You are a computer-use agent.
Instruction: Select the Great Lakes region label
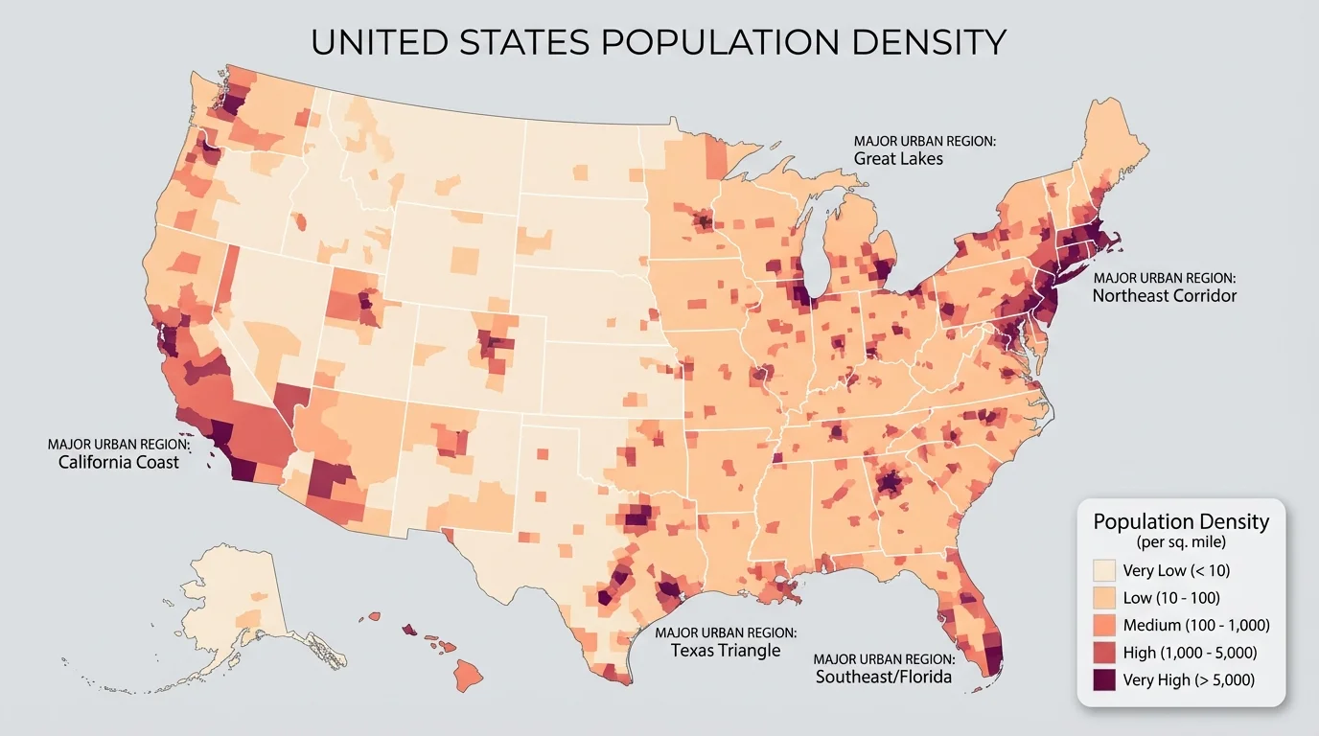(898, 158)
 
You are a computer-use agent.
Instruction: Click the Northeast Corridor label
(1164, 295)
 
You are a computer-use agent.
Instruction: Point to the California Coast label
(118, 462)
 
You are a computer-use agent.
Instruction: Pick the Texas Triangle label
(725, 650)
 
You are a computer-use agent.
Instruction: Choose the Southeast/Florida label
(883, 677)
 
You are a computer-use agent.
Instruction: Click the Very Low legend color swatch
(1105, 571)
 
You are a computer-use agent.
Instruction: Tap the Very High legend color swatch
(1105, 679)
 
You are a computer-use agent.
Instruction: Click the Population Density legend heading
(1181, 522)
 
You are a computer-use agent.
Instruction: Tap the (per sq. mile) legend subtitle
(1181, 542)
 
